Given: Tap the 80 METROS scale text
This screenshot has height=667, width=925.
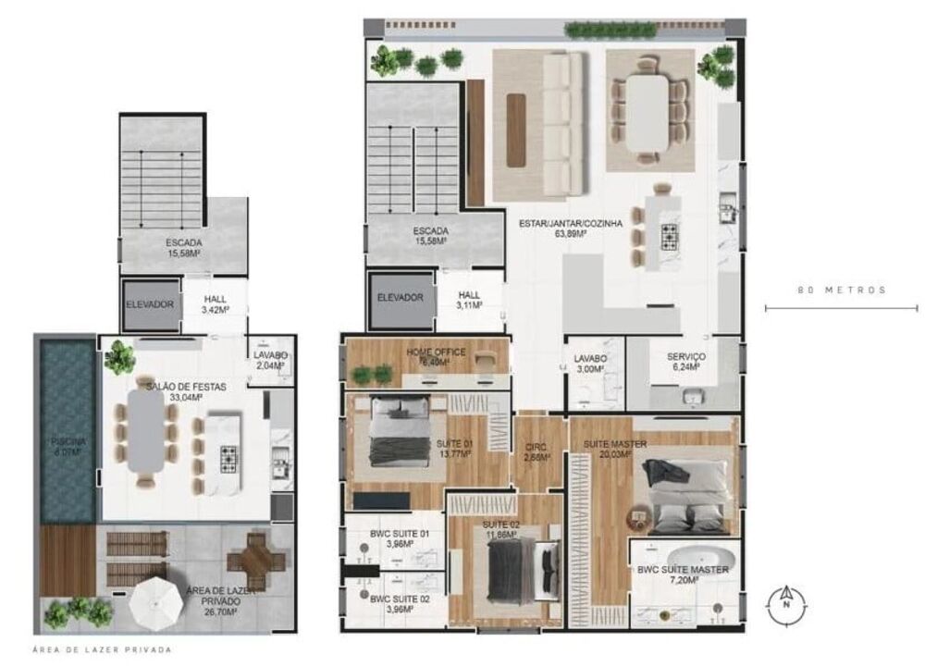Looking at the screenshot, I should pos(841,290).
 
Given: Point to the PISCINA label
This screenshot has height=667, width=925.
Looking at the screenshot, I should pos(67,448).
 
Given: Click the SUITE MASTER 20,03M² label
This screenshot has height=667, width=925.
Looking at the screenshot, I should pos(614,450).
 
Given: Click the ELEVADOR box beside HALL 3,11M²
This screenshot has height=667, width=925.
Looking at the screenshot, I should pos(400,298).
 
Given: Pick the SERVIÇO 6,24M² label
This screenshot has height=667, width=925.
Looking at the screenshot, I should pos(686,362).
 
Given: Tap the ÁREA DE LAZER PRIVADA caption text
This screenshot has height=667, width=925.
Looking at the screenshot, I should pos(102,650).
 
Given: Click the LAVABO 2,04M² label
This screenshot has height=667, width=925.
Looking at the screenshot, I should pos(269,361).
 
